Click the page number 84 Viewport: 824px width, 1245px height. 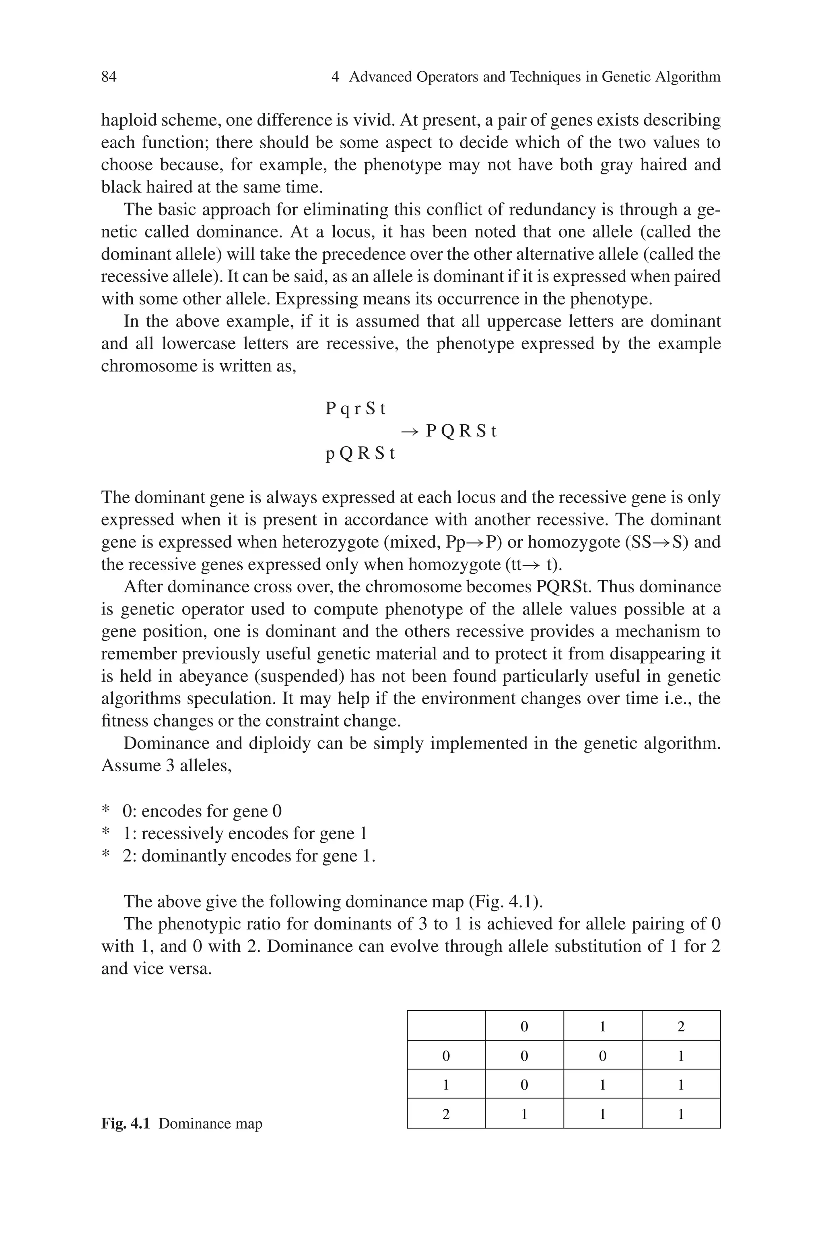pos(109,77)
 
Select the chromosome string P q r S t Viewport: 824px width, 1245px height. pos(356,409)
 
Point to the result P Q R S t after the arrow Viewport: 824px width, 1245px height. pos(461,431)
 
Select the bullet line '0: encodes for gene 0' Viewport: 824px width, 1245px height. pos(202,811)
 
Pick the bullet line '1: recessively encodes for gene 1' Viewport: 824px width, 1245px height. pos(245,833)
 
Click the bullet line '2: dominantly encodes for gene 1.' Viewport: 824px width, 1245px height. pos(249,856)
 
